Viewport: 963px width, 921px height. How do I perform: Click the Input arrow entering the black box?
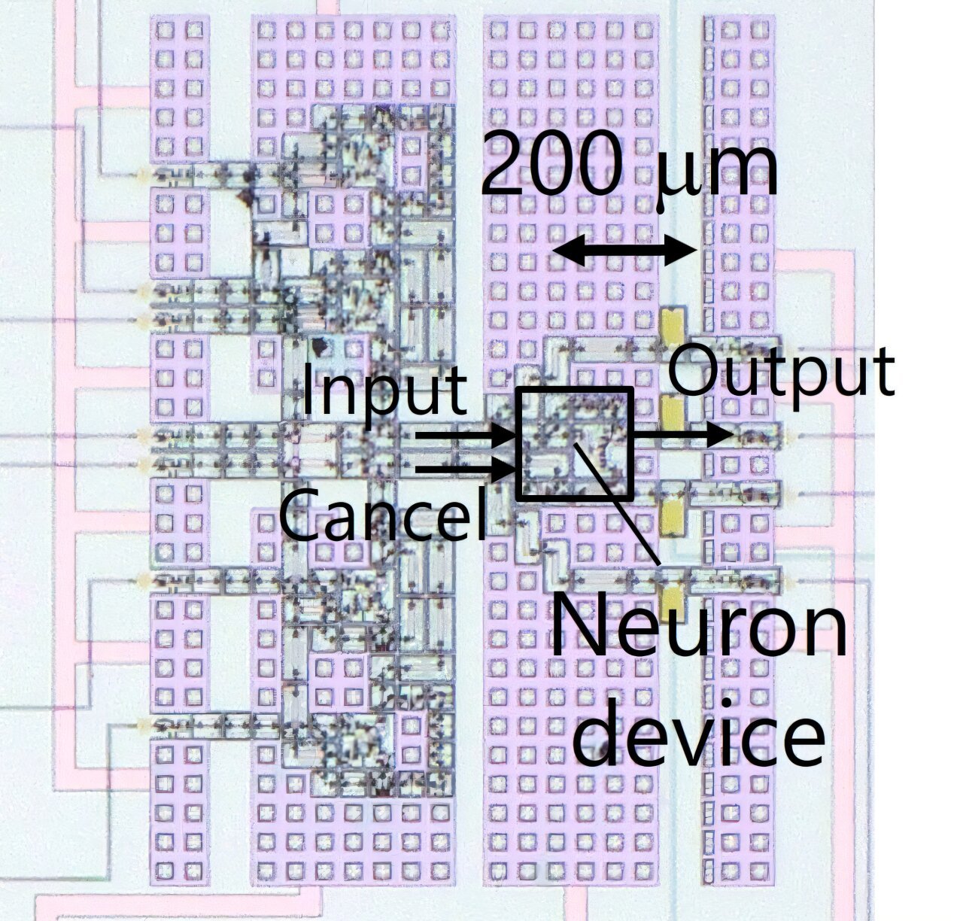click(466, 435)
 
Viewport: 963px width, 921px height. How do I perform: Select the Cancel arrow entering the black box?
click(466, 471)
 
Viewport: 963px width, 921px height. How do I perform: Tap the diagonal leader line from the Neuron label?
click(615, 500)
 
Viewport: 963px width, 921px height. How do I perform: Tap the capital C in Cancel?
click(299, 515)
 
